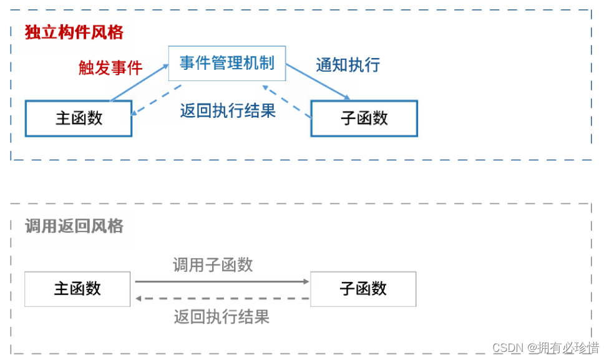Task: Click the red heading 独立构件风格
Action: (x=74, y=32)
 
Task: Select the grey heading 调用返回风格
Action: (x=74, y=226)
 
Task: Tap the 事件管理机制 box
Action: (x=227, y=63)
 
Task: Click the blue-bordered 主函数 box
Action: (x=79, y=118)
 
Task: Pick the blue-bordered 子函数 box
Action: (x=364, y=118)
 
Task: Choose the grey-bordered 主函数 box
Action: (x=77, y=288)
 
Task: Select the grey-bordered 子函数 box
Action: (x=363, y=288)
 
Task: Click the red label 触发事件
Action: (x=110, y=67)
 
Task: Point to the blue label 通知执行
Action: (x=348, y=64)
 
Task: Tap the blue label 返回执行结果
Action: (x=228, y=110)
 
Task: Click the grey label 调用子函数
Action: (x=213, y=265)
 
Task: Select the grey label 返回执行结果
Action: (x=222, y=317)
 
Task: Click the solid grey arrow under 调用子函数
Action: (x=222, y=281)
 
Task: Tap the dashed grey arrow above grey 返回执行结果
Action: (x=222, y=298)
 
